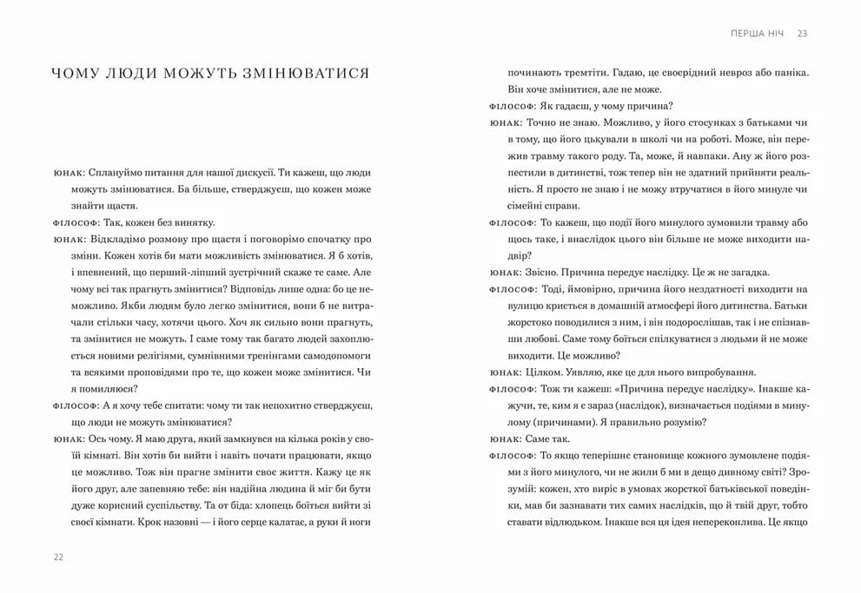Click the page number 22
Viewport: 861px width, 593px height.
[x=58, y=557]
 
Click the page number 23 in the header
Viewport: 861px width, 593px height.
[x=802, y=33]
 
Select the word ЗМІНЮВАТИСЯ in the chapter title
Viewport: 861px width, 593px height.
[x=310, y=73]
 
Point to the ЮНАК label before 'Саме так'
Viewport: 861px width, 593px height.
[x=503, y=439]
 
